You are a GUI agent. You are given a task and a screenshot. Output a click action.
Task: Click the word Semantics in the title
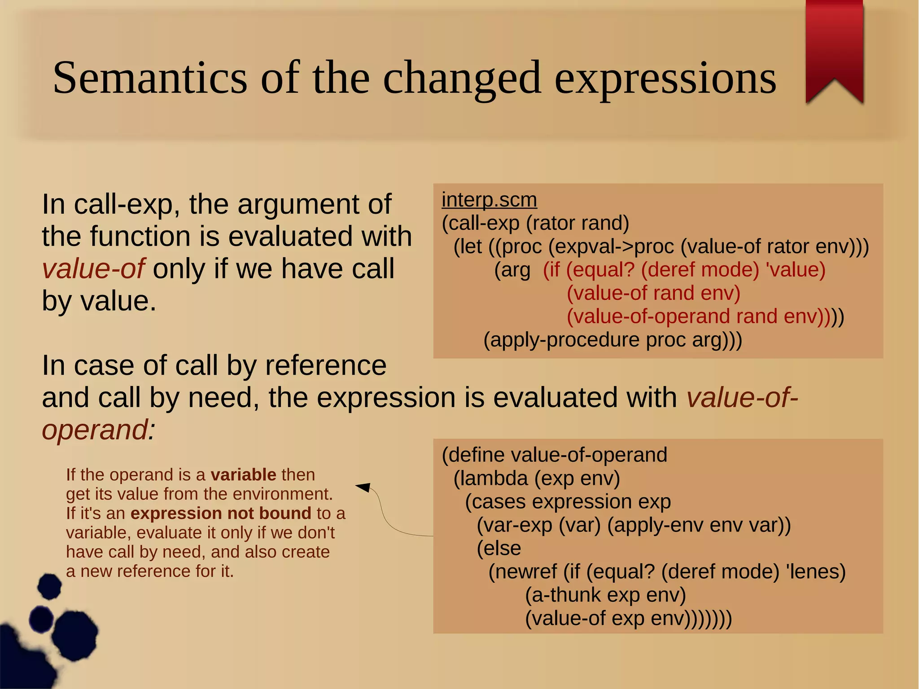click(150, 78)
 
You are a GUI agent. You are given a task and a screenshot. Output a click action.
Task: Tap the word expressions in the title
click(665, 79)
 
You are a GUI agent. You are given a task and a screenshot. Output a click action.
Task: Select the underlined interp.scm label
click(489, 200)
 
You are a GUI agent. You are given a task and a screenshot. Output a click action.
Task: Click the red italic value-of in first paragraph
click(93, 268)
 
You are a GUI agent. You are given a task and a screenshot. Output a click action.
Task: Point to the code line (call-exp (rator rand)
click(535, 223)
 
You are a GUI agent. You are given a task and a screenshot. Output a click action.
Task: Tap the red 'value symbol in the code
click(795, 270)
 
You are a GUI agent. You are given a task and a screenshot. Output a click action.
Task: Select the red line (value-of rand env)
click(653, 293)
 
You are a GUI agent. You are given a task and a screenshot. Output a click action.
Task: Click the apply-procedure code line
click(613, 340)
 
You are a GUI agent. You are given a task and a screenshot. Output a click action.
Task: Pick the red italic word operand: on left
click(98, 430)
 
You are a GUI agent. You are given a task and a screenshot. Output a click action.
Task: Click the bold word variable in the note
click(243, 475)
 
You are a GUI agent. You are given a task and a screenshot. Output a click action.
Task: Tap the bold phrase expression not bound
click(220, 513)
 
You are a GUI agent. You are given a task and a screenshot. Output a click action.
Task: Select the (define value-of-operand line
click(555, 455)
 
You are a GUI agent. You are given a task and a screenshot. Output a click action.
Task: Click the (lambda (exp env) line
click(537, 478)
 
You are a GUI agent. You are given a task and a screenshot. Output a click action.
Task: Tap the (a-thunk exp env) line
click(605, 595)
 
